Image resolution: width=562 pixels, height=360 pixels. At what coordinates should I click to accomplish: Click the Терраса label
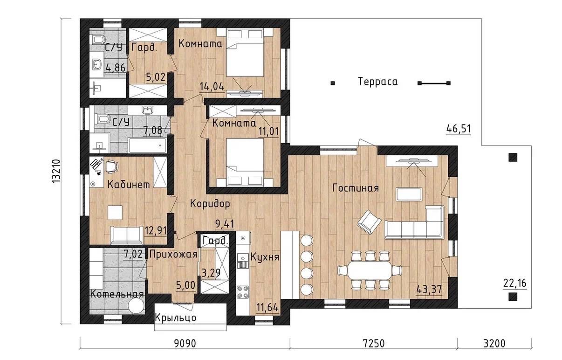pos(377,82)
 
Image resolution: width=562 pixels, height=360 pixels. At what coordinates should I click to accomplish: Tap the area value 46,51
pos(459,129)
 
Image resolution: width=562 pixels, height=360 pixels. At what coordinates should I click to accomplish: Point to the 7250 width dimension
pos(373,343)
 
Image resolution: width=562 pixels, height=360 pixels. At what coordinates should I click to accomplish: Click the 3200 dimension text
pos(494,343)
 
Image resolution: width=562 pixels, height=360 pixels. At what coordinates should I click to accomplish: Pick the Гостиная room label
pos(356,188)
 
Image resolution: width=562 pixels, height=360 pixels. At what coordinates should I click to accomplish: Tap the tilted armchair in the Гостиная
pos(369,222)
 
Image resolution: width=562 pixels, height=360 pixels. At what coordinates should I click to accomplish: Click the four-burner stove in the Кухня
pos(243,292)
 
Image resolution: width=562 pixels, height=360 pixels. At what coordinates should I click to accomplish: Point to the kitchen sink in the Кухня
pos(243,261)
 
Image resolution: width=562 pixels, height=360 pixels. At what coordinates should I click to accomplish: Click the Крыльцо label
pos(175,318)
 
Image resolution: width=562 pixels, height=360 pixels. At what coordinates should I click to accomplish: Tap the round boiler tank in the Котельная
pos(136,306)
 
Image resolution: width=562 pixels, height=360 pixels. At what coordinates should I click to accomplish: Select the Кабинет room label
pos(129,185)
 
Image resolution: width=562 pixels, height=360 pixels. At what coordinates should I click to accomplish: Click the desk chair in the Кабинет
pos(111,167)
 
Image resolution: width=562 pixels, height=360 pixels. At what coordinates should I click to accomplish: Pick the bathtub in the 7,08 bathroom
pos(147,145)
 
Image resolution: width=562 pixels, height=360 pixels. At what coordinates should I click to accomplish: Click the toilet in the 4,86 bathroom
pos(98,40)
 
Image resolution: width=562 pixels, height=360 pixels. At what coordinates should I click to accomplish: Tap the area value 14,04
pos(212,87)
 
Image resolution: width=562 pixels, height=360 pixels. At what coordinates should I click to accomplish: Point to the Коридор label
pos(210,203)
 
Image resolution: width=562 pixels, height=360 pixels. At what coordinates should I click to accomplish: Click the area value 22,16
pos(515,284)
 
